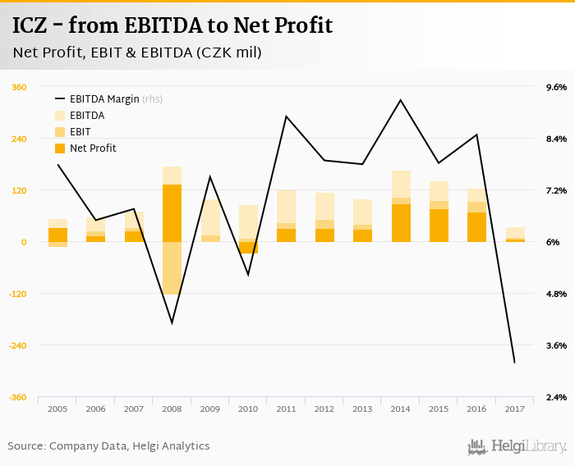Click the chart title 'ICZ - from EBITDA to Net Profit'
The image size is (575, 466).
coord(172,25)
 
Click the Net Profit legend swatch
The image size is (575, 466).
coord(60,148)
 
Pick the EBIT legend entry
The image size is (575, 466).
coord(80,132)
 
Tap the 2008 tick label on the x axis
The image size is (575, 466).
coord(171,409)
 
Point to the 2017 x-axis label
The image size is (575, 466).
coord(514,409)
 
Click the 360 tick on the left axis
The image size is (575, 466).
coord(19,87)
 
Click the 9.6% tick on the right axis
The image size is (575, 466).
coord(556,87)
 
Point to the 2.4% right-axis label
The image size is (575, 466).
coord(556,397)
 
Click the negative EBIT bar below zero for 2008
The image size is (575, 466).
coord(172,268)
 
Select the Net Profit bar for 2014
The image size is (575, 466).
coord(401,223)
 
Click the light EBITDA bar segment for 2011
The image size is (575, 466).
coord(286,206)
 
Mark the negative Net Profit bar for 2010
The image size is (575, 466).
coord(248,248)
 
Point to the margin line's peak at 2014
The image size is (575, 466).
coord(400,100)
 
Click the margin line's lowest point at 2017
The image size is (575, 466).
coord(514,363)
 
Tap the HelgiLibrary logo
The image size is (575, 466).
coord(517,446)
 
